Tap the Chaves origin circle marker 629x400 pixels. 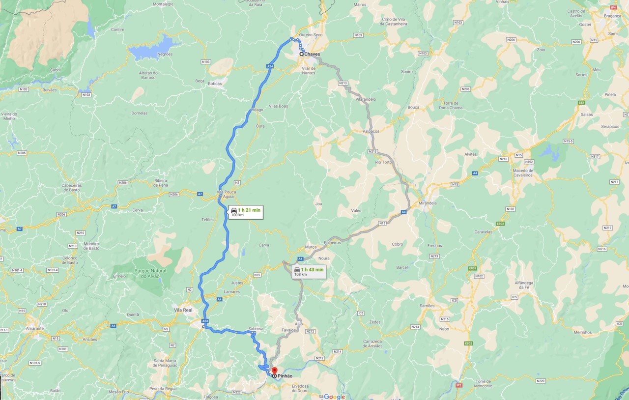[301, 54]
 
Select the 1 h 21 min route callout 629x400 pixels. [245, 212]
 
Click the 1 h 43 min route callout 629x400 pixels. [308, 272]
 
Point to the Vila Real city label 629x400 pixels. [183, 311]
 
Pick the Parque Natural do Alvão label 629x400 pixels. [150, 273]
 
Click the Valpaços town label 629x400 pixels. [371, 131]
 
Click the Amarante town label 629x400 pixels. [35, 328]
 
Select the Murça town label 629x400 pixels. [311, 247]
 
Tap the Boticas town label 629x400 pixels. [214, 84]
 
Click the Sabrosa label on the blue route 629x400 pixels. [256, 329]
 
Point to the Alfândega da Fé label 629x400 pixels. [527, 285]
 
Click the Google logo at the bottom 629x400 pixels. [334, 397]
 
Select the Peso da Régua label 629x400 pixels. [162, 389]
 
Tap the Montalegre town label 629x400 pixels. [163, 4]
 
